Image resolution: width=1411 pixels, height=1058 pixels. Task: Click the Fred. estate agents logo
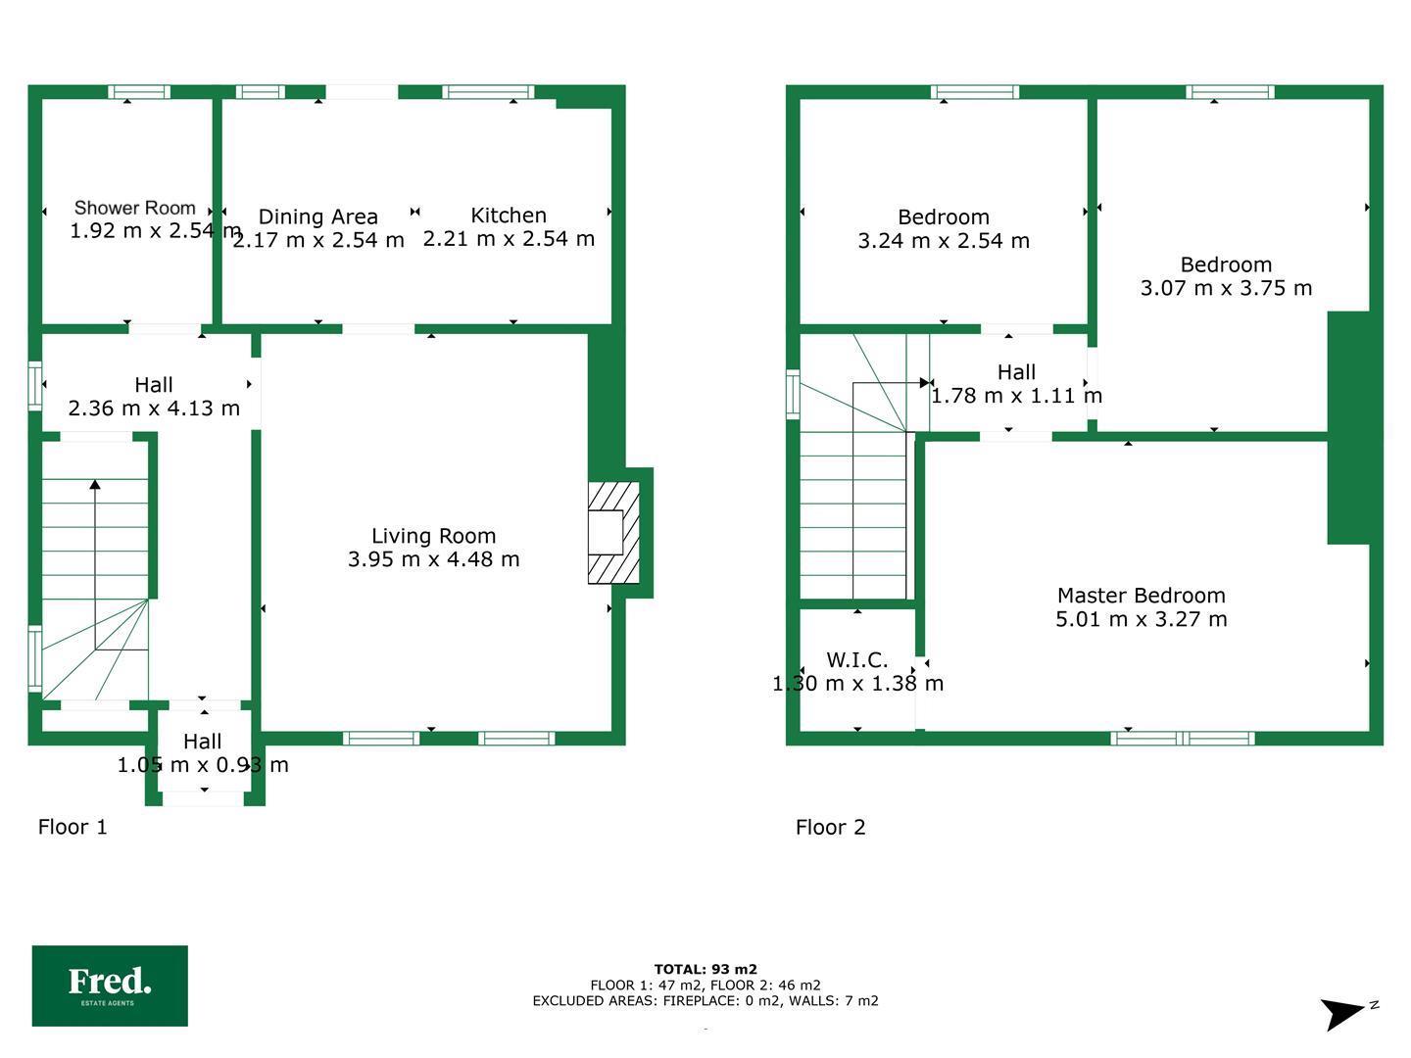(110, 986)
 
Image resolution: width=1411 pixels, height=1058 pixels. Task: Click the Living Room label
(434, 536)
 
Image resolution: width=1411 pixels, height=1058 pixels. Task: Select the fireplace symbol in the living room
(614, 533)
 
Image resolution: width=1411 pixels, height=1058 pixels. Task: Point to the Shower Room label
(135, 208)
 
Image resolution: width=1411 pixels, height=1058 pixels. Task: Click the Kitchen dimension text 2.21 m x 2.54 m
(509, 239)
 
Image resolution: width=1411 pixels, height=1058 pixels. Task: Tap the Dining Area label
(318, 216)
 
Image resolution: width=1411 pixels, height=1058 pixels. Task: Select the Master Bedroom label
(1141, 596)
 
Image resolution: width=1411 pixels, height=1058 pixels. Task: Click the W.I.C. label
(856, 659)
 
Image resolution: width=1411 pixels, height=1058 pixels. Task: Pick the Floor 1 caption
(73, 827)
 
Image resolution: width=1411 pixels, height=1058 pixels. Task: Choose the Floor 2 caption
(831, 827)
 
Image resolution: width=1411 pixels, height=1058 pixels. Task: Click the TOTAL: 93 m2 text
(705, 970)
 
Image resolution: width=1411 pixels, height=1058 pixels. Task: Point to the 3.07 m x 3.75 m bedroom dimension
(1226, 288)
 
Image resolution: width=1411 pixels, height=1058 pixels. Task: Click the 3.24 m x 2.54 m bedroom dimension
(944, 241)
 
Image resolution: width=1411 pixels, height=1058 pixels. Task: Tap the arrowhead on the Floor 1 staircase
(95, 484)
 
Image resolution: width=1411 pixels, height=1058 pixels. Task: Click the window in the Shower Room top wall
(139, 92)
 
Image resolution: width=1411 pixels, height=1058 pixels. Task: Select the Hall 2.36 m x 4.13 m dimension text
(154, 408)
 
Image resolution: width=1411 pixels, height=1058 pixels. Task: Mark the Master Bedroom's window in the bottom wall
(1183, 738)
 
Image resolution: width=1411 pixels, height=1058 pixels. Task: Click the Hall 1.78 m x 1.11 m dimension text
(1016, 396)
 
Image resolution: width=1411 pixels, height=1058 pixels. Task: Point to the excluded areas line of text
(705, 1001)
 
